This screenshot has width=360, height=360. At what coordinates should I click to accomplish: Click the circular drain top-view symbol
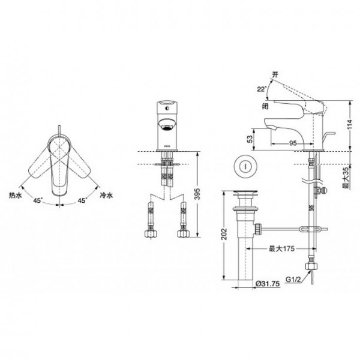click(x=243, y=165)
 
